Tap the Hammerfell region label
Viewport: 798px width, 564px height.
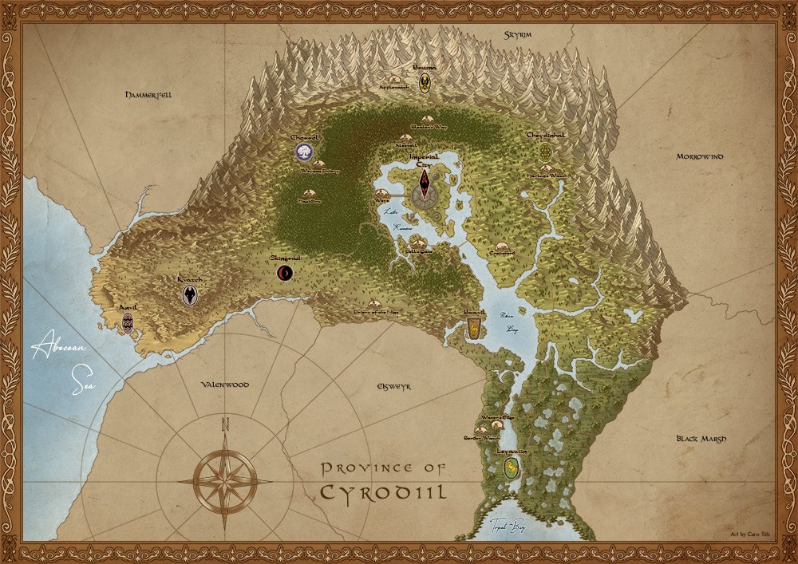148,94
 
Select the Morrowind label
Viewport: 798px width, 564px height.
700,156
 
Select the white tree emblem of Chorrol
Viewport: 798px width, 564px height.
303,152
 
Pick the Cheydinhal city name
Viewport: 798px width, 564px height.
546,136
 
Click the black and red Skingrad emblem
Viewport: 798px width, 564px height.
284,274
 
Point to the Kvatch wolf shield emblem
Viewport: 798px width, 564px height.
190,295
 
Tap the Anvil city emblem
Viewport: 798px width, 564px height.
127,322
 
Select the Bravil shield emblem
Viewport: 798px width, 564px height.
473,328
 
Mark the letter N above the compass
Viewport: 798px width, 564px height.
226,424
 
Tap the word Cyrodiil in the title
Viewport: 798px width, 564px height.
383,490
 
